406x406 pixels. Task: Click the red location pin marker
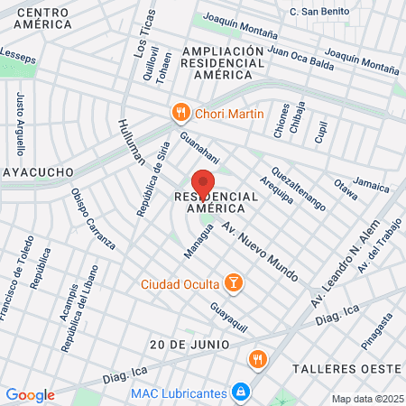pyautogui.click(x=203, y=182)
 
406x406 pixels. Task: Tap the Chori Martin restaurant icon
pyautogui.click(x=181, y=113)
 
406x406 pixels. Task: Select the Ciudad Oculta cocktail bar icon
pyautogui.click(x=234, y=284)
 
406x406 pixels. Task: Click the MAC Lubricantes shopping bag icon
pyautogui.click(x=240, y=392)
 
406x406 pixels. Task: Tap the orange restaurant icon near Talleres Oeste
pyautogui.click(x=258, y=358)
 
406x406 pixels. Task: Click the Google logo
pyautogui.click(x=30, y=395)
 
